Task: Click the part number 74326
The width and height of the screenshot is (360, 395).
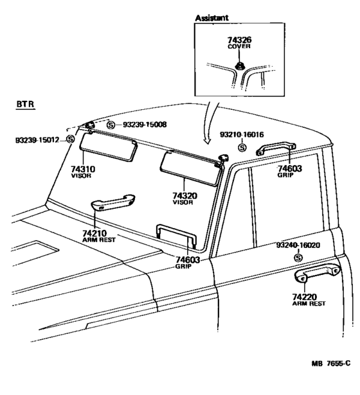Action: [x=239, y=40]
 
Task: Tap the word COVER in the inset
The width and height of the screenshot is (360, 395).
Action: [x=239, y=46]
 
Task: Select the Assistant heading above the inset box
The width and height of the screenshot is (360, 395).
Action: [x=212, y=17]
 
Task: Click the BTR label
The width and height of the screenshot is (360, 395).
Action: [x=25, y=104]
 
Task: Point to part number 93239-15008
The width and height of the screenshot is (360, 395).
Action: [x=145, y=125]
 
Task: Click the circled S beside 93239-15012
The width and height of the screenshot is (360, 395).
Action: [x=71, y=139]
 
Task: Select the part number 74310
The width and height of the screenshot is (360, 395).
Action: [x=83, y=169]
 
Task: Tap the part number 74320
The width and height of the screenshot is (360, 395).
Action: [x=184, y=196]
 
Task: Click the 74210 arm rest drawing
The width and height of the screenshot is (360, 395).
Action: [x=113, y=202]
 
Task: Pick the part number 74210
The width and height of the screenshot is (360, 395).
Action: [x=94, y=233]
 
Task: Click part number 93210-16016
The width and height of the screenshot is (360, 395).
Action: [x=242, y=134]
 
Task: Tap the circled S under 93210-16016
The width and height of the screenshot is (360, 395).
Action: [x=242, y=147]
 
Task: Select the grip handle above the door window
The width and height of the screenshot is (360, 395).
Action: [x=276, y=148]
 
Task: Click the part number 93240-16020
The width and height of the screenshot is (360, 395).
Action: [x=298, y=245]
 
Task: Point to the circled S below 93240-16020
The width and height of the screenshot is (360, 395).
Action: [x=298, y=258]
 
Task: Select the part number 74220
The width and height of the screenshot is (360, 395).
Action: [x=305, y=297]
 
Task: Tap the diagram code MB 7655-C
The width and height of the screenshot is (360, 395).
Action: [x=331, y=364]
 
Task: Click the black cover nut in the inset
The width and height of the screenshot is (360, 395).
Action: [x=239, y=66]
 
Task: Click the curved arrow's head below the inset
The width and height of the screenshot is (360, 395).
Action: [x=207, y=141]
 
